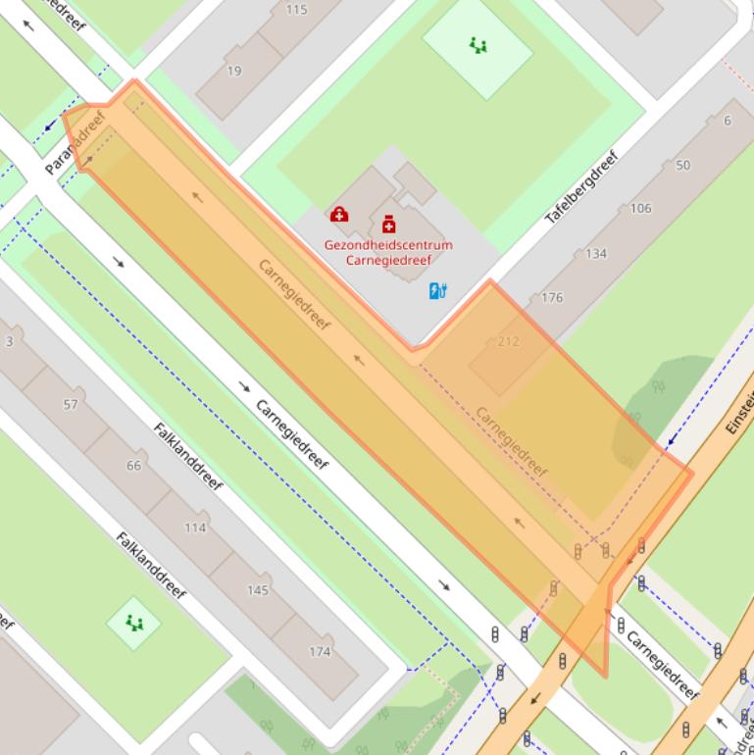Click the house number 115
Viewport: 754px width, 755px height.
(296, 10)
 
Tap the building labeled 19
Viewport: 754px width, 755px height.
(234, 71)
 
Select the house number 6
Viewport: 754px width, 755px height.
(727, 121)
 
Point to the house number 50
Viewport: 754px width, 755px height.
(682, 165)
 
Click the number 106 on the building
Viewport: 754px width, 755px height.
(640, 208)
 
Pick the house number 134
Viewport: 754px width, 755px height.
(595, 253)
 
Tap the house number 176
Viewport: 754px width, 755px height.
(552, 297)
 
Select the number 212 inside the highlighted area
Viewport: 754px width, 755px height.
(508, 341)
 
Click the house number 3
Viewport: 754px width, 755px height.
(10, 341)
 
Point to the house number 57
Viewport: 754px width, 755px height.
(70, 404)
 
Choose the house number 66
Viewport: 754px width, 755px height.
(133, 465)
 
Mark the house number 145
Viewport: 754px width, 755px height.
(257, 589)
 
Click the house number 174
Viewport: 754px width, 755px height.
(320, 651)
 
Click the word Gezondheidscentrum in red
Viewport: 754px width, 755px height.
(389, 245)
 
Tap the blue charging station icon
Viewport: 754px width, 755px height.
(438, 290)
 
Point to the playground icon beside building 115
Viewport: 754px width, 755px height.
(478, 45)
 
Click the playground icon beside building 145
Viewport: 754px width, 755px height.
(133, 622)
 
